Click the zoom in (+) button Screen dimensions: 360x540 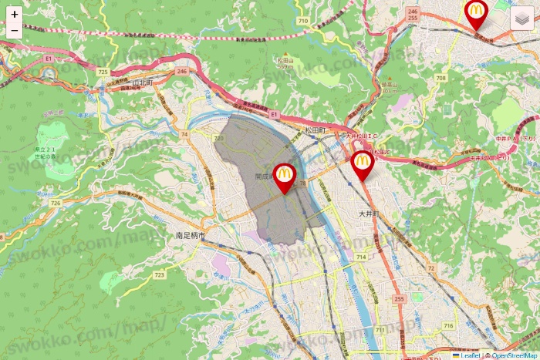click(x=15, y=14)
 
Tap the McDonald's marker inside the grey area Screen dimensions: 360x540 click(x=285, y=177)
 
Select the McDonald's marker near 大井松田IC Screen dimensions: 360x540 click(x=362, y=163)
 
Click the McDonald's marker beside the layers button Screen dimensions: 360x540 click(x=476, y=13)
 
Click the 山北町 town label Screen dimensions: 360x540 click(x=144, y=82)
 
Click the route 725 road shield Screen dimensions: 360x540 click(x=103, y=71)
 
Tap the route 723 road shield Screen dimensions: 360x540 click(x=160, y=274)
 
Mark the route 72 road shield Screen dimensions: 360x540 click(x=430, y=267)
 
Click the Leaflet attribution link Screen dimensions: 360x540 click(x=467, y=355)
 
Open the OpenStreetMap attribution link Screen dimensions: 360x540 click(x=512, y=355)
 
